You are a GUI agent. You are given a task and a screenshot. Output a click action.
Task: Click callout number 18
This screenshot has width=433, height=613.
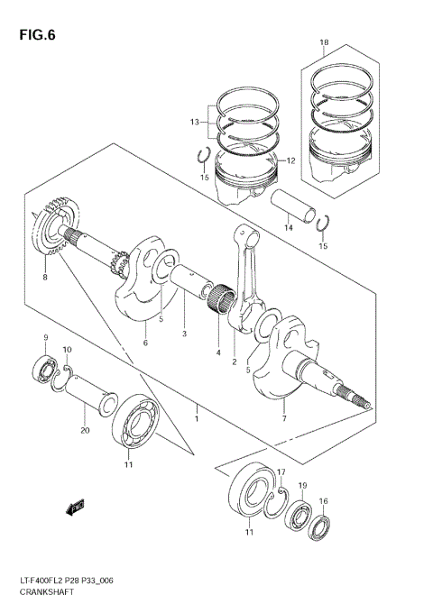(324, 42)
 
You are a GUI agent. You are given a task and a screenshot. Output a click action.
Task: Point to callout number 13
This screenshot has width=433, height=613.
(194, 122)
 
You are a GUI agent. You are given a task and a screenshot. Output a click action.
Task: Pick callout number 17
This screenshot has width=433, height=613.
(281, 472)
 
